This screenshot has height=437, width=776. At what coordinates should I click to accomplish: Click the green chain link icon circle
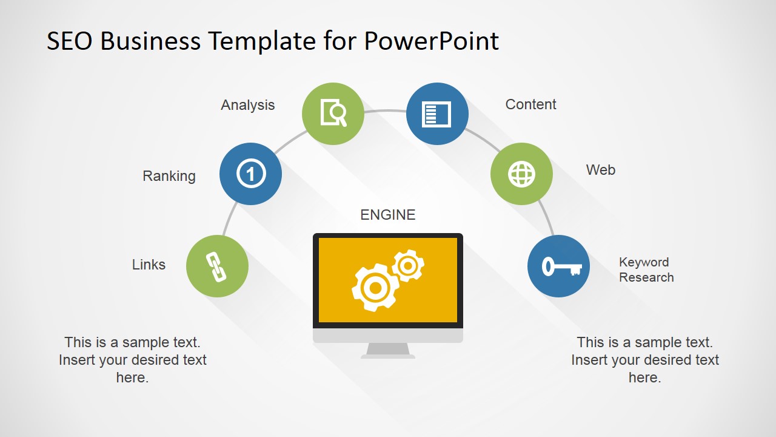click(217, 266)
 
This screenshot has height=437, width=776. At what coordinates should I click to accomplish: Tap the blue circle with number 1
click(250, 174)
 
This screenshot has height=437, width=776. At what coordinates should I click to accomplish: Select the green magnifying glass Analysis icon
click(333, 113)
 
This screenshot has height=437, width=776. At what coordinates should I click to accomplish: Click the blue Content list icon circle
click(437, 113)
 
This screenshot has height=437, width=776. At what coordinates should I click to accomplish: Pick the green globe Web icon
click(521, 174)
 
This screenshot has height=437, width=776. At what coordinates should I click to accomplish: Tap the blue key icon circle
click(558, 266)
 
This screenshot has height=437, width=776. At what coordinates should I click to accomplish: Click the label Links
click(149, 265)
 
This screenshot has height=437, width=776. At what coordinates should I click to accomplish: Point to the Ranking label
click(169, 176)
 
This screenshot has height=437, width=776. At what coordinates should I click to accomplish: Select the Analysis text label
click(247, 105)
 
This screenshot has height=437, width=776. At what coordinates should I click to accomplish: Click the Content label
click(530, 104)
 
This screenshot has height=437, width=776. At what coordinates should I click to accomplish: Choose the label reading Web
click(600, 170)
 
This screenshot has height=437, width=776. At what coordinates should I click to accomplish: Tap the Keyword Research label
click(646, 270)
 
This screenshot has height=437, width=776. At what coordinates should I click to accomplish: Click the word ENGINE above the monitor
click(388, 215)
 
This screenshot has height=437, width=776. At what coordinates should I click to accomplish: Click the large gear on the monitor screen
click(374, 287)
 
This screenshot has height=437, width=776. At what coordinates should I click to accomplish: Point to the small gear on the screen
click(407, 266)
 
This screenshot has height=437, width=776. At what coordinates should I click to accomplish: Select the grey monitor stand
click(388, 350)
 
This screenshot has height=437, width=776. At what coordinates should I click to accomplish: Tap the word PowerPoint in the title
click(431, 41)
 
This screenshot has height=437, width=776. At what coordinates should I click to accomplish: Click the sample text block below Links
click(133, 360)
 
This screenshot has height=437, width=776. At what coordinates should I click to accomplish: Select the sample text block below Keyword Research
click(644, 360)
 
